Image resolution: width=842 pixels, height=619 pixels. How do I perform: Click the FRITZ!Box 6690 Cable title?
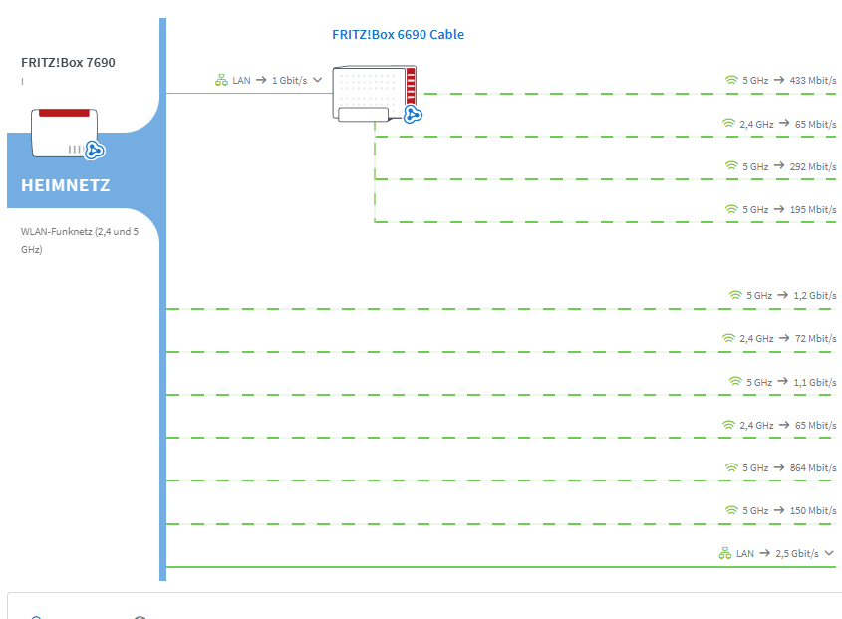tap(398, 35)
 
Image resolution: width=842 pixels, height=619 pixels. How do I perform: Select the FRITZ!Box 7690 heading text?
tap(68, 63)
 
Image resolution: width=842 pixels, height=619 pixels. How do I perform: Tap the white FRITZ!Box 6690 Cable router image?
tap(374, 94)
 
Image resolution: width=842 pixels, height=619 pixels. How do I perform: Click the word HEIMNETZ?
tap(66, 185)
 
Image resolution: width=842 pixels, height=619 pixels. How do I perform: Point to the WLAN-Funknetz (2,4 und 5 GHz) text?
tap(80, 240)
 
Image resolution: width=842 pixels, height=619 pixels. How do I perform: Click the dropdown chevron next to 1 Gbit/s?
tap(318, 80)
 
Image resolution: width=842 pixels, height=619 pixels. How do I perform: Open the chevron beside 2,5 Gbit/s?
tap(829, 553)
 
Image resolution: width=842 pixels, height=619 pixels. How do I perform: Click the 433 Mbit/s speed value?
tap(812, 80)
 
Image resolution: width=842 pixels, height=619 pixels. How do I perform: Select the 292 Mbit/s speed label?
tap(812, 166)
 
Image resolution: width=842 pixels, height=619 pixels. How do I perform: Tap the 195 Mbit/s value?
tap(812, 210)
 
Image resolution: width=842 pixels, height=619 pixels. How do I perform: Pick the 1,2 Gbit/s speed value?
tap(814, 295)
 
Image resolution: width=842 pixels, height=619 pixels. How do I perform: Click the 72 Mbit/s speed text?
tap(815, 339)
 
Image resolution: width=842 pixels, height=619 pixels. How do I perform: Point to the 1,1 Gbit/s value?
tap(814, 382)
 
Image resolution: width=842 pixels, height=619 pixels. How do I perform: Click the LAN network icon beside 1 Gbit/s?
tap(222, 80)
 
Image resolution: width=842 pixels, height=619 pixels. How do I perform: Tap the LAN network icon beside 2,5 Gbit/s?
tap(725, 553)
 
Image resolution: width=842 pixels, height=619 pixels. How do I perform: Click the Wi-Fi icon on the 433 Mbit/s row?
tap(731, 80)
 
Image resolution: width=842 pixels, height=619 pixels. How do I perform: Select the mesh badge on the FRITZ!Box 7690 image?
tap(95, 150)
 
